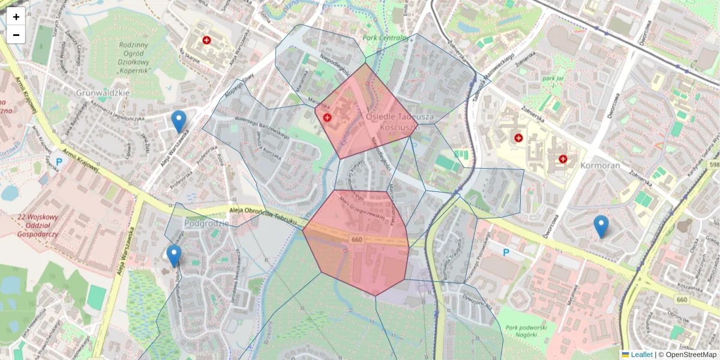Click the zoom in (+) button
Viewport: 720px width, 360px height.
pos(16,17)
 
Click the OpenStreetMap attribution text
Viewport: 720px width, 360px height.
pos(690,355)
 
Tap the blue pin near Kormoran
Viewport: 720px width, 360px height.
pos(601,226)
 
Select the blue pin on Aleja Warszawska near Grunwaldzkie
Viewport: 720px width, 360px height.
pos(178,121)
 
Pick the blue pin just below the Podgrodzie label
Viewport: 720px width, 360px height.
pos(174,255)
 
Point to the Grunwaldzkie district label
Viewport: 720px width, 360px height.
pos(104,93)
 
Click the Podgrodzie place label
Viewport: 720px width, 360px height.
pos(207,223)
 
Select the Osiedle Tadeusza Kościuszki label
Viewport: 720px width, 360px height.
pos(392,122)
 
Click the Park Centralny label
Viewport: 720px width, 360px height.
pos(386,38)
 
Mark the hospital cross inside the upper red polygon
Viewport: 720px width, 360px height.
pos(327,118)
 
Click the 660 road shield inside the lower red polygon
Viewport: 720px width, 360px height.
pos(356,239)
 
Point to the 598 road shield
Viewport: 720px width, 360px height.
pos(713,164)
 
